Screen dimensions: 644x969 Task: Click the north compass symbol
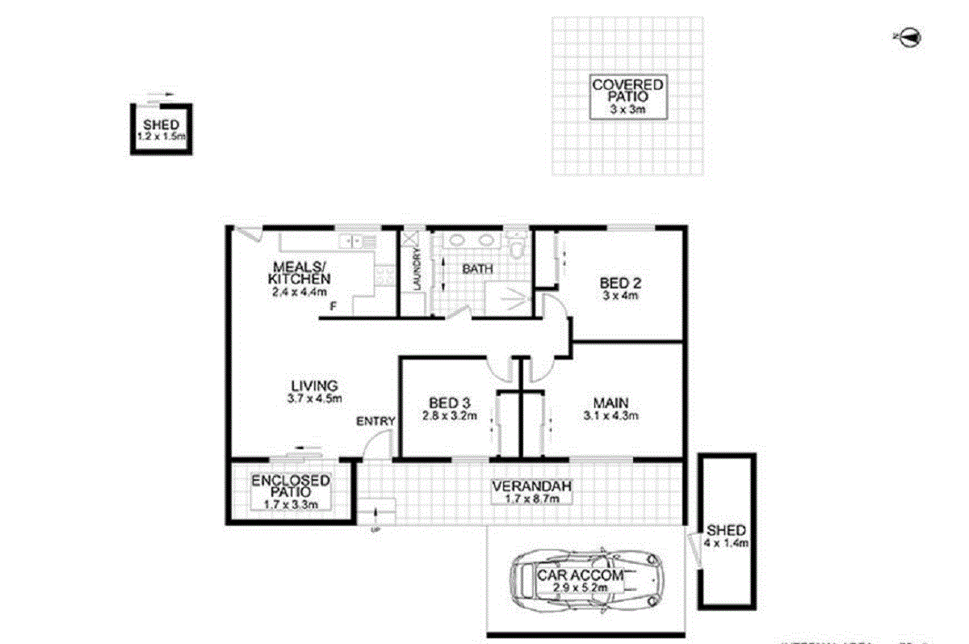(909, 36)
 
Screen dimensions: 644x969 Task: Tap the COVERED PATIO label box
(627, 96)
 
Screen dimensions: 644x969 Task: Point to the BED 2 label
(619, 288)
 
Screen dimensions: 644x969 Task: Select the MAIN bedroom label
(610, 410)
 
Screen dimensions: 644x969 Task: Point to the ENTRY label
(375, 421)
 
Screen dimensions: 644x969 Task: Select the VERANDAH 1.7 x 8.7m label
(532, 492)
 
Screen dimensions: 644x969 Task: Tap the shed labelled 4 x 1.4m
(726, 537)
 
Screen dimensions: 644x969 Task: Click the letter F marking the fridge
(333, 306)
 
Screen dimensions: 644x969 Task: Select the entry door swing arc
(375, 444)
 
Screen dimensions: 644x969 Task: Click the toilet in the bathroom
(516, 244)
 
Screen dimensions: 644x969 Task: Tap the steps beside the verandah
(377, 512)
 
